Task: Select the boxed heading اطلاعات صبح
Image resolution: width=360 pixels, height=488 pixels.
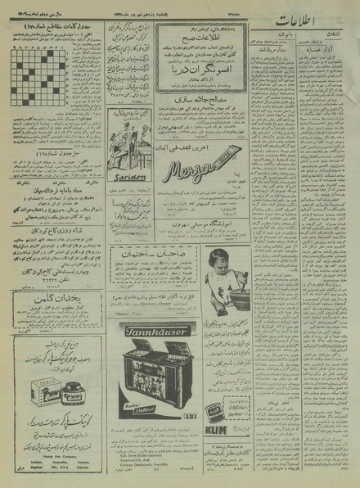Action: pos(196,38)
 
